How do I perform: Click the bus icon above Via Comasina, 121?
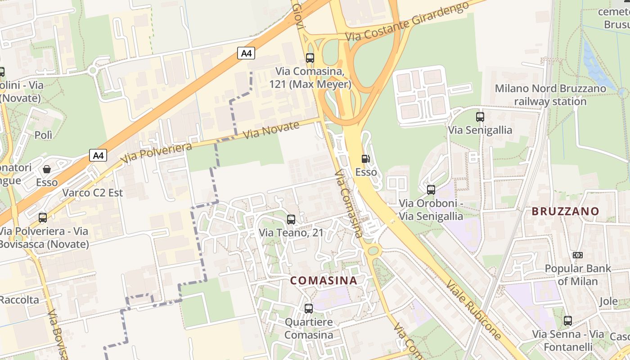(310, 58)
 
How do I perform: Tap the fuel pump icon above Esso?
(365, 158)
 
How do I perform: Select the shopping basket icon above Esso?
(46, 169)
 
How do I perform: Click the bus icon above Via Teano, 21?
(291, 220)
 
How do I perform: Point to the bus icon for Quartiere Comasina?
(309, 309)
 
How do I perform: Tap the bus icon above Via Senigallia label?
(480, 117)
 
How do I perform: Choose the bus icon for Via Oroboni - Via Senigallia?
(431, 190)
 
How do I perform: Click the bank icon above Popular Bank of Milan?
(578, 255)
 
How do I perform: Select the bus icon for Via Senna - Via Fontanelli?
(568, 321)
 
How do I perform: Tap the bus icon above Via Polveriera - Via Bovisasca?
(43, 218)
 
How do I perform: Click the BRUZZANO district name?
(565, 211)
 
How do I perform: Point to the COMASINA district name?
(324, 280)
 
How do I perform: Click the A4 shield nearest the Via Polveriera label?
(98, 156)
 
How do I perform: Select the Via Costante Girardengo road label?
(407, 21)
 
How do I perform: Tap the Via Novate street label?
(271, 130)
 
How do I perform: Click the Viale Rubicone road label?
(474, 310)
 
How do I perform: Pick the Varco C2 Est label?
(93, 193)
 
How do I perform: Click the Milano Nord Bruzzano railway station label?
(550, 95)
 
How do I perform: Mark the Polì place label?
(44, 135)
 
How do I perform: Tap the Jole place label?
(609, 301)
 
